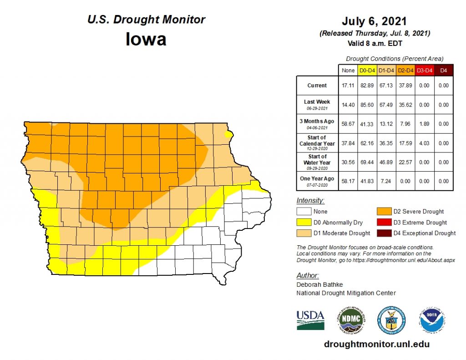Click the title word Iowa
146,39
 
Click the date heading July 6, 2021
375,21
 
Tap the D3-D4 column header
424,71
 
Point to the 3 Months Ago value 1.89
424,124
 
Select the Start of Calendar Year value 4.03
424,143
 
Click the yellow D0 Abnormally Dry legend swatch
304,223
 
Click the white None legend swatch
304,212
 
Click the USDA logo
310,320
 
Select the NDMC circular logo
350,319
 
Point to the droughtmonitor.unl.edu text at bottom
376,345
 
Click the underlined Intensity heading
310,200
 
